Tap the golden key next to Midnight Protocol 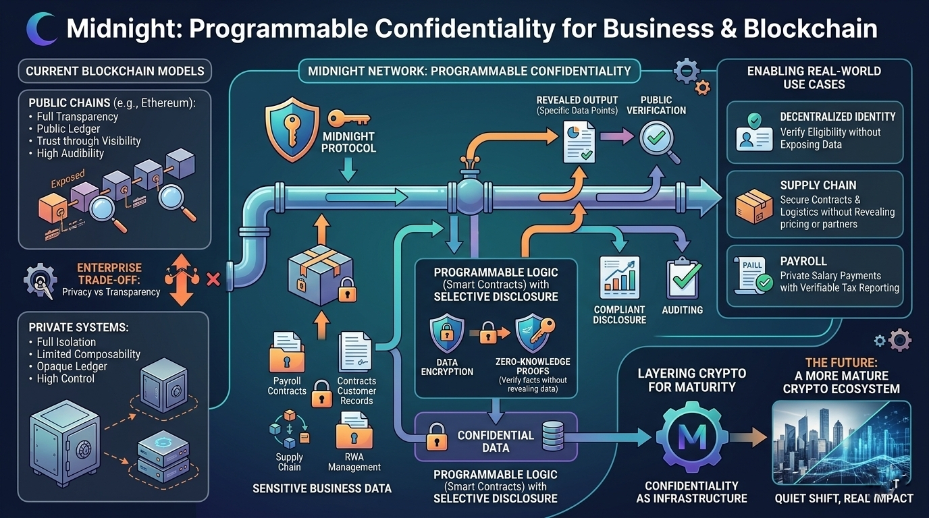click(348, 119)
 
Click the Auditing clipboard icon click(683, 279)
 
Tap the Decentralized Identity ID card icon click(753, 132)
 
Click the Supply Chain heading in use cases click(818, 185)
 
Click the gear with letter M click(691, 439)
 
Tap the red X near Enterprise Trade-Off click(213, 278)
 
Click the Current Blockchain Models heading click(115, 71)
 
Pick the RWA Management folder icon click(354, 430)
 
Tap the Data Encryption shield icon click(446, 335)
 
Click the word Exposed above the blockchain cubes click(68, 179)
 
